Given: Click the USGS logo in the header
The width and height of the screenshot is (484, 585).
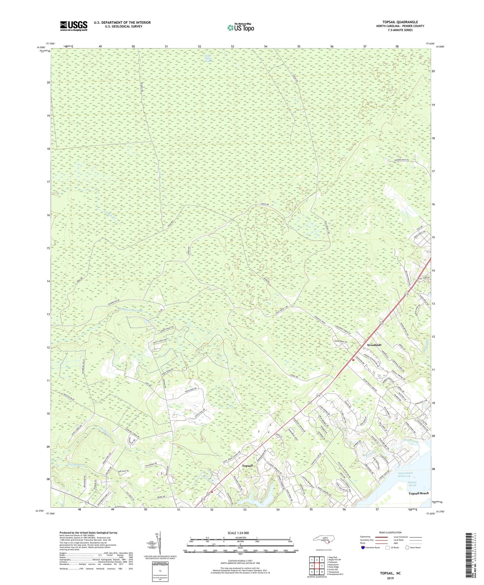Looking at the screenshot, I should (x=74, y=26).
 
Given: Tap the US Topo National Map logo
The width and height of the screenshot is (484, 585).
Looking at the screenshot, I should (x=240, y=27).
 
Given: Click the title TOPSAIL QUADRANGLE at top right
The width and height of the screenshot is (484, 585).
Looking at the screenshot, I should (x=400, y=22).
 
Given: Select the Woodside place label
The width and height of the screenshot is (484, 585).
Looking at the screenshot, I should (x=374, y=345).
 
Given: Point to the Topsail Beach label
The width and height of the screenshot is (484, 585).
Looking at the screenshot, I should (x=418, y=493).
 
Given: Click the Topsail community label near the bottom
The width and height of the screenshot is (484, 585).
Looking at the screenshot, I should (x=247, y=466).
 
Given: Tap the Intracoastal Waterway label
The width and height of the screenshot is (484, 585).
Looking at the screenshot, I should (x=405, y=474).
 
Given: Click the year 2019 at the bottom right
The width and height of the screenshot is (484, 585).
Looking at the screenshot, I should (x=390, y=578).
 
